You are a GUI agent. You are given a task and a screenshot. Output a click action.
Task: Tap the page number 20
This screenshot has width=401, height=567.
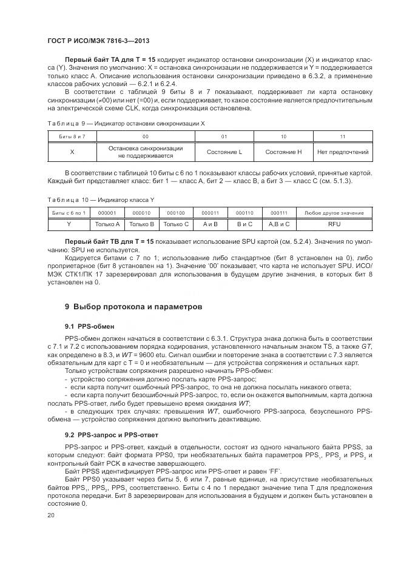tap(51, 515)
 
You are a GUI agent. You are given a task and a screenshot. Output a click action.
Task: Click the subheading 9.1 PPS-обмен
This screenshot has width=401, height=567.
tap(89, 326)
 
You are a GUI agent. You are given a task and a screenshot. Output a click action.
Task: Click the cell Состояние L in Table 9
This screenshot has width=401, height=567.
tap(224, 152)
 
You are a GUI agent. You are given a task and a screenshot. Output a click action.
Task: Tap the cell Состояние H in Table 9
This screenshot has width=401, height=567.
tap(283, 152)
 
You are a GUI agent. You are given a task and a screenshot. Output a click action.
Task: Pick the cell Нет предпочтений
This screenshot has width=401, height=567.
tap(343, 152)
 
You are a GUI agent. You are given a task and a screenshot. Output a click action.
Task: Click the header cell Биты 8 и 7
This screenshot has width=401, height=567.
tap(72, 137)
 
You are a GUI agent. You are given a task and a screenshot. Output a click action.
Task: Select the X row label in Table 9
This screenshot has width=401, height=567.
tap(72, 152)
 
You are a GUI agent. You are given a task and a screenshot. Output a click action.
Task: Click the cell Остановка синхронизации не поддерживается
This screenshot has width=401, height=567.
tap(145, 152)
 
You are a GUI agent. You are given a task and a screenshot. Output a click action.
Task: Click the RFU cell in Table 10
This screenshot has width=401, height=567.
tap(334, 224)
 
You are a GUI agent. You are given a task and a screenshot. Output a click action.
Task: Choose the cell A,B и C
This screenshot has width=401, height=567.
tap(279, 224)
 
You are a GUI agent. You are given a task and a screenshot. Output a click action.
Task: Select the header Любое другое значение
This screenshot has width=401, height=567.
tap(334, 213)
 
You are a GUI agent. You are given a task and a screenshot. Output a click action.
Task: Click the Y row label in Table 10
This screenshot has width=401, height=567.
tap(69, 224)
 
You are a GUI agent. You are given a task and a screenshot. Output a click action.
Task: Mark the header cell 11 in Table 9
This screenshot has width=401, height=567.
tap(343, 137)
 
